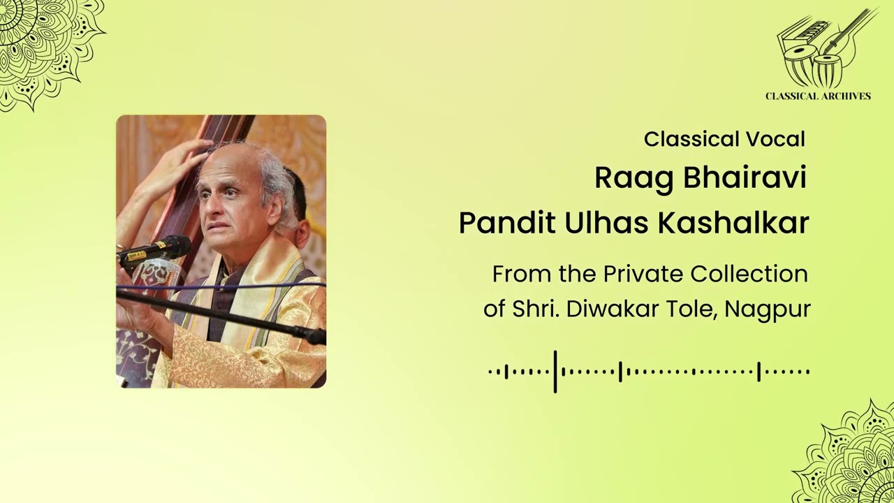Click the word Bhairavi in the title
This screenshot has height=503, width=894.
pos(745,178)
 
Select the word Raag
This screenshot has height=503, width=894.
pos(635,178)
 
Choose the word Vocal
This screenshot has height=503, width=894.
pos(775,139)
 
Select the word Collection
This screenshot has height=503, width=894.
pos(749,274)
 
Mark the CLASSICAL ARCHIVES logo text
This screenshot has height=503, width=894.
pos(818,96)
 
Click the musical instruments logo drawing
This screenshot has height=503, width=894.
pos(824,49)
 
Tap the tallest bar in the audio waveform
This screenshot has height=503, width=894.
pos(555,372)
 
